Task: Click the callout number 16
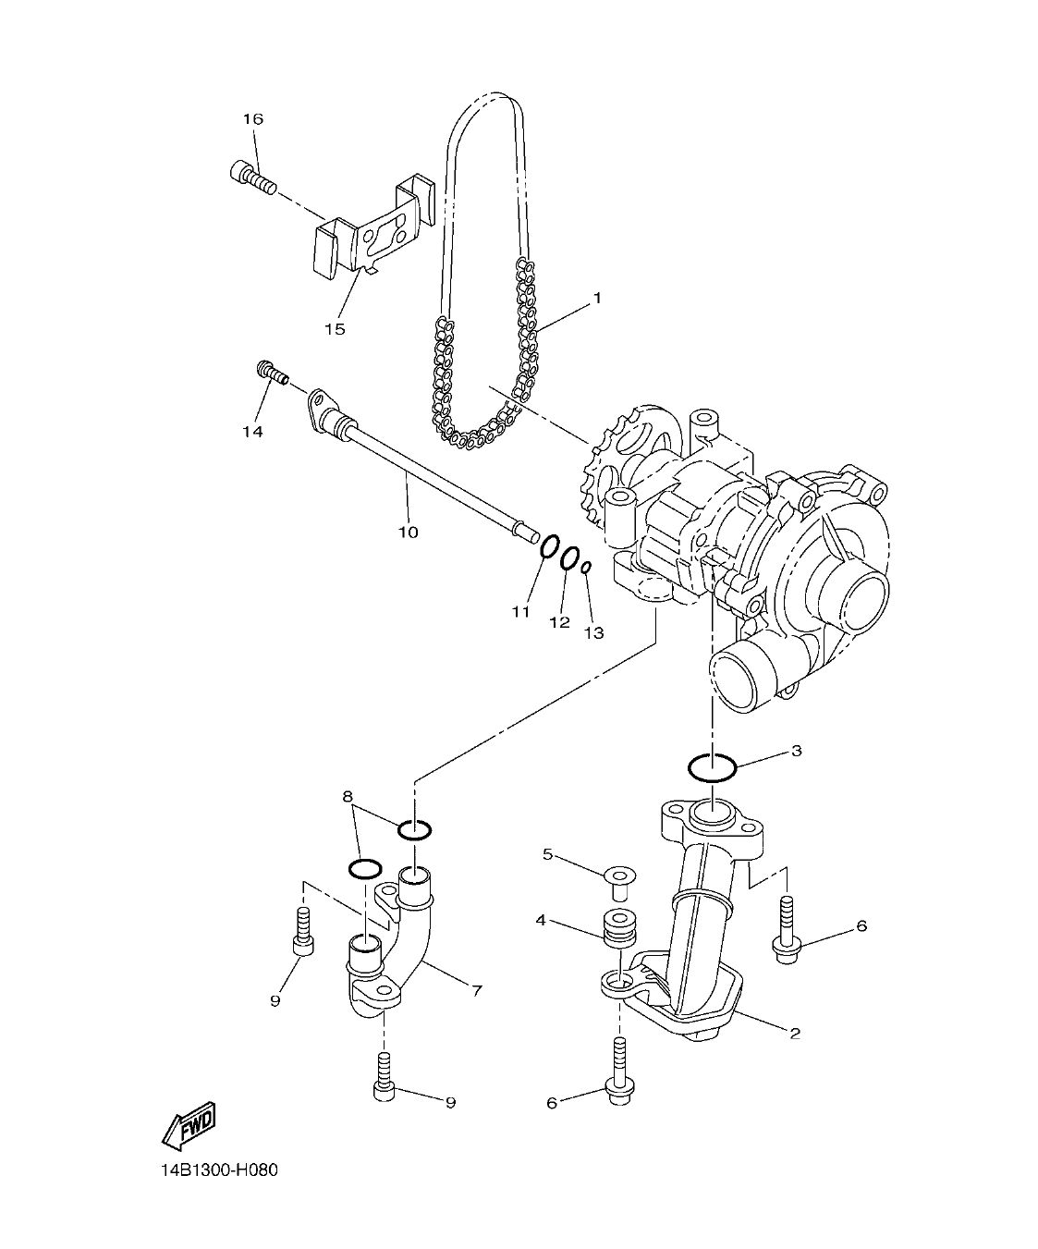[253, 119]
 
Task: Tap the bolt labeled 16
[250, 178]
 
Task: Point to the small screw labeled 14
[271, 373]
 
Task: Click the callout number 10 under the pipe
[408, 532]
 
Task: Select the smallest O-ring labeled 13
[586, 568]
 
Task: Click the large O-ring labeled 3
[712, 767]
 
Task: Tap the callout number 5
[547, 855]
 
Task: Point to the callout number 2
[794, 1033]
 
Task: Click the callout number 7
[477, 991]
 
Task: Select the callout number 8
[348, 796]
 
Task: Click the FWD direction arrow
[189, 1124]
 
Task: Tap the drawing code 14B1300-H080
[218, 1170]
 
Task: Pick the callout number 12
[559, 622]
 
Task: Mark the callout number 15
[335, 329]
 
